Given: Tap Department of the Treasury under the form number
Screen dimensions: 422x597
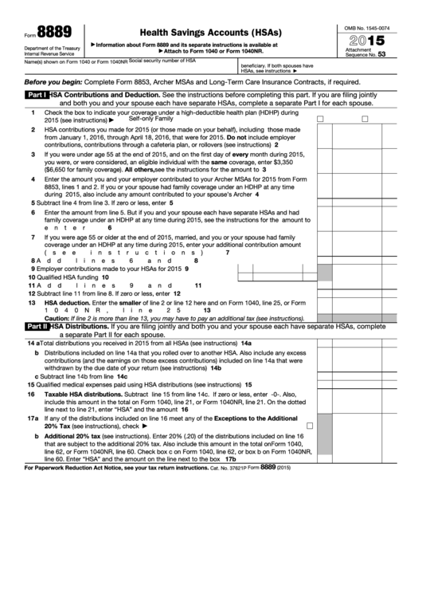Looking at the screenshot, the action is [x=46, y=48].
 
